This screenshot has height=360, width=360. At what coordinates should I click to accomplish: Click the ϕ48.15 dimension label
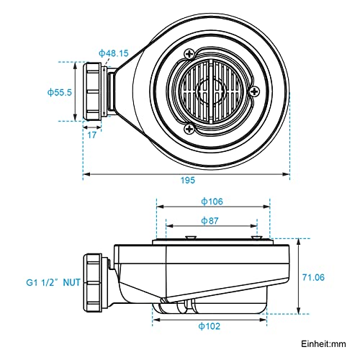pos(114,53)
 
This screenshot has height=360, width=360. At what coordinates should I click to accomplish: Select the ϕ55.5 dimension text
pos(60,92)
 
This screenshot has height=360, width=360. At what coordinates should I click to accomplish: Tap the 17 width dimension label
pos(91,135)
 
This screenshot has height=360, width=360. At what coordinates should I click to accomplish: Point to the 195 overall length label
pos(188,180)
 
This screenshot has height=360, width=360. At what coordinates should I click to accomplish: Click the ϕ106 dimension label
pos(212,202)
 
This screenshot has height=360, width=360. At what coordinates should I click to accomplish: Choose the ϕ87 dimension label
pos(210,221)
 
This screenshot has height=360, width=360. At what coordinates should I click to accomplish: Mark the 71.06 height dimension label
pos(313,277)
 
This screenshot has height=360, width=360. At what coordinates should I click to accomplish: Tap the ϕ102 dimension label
pos(210,326)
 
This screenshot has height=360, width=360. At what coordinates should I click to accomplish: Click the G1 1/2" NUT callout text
pos(53,282)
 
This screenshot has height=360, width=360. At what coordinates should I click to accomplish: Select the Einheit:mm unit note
pos(323,344)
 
